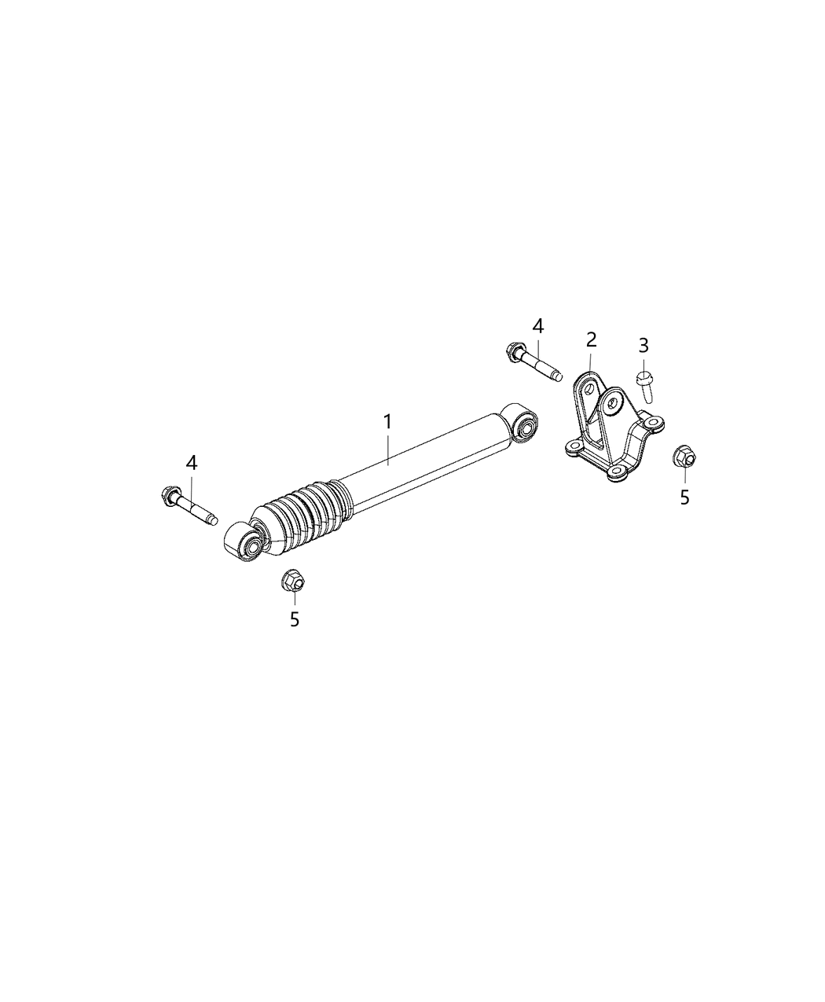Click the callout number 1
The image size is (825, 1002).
tap(387, 422)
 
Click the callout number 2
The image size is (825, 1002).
tap(591, 340)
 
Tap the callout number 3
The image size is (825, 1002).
tap(643, 344)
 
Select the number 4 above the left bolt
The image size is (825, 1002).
tap(192, 463)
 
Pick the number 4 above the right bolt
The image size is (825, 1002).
tap(537, 325)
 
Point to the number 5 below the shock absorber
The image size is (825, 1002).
tap(295, 619)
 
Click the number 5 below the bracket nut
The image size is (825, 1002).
tap(684, 497)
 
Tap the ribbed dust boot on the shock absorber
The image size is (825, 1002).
tap(302, 515)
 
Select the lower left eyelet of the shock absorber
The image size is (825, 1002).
tap(251, 545)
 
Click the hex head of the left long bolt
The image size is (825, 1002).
tap(168, 495)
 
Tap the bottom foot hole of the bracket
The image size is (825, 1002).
tap(618, 472)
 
